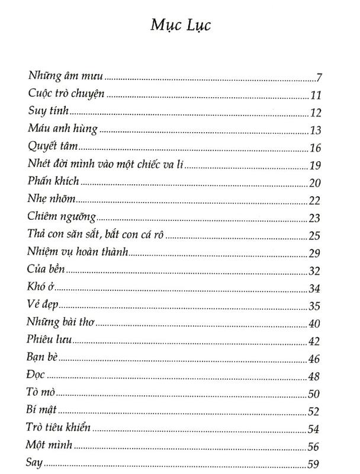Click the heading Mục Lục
point(180,26)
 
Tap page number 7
point(318,78)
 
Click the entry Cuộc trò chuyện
point(66,94)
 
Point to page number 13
point(314,130)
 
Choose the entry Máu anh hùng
point(62,128)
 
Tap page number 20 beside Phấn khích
point(314,182)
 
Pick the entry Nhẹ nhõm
point(52,197)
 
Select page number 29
point(314,254)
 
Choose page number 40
point(314,324)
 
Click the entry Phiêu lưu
point(49,340)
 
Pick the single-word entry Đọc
point(36,376)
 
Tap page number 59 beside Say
point(314,464)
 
